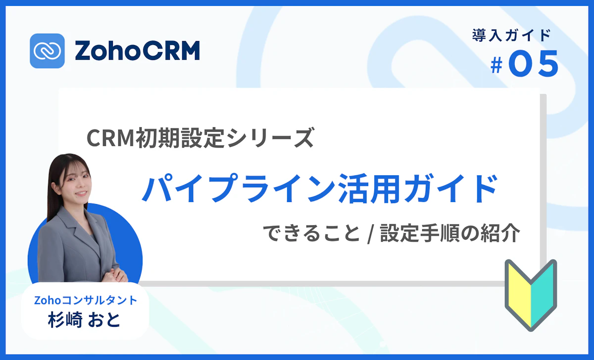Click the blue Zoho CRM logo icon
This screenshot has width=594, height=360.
(47, 51)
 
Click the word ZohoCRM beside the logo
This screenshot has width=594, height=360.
(137, 51)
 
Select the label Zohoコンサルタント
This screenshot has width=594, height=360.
(85, 300)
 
